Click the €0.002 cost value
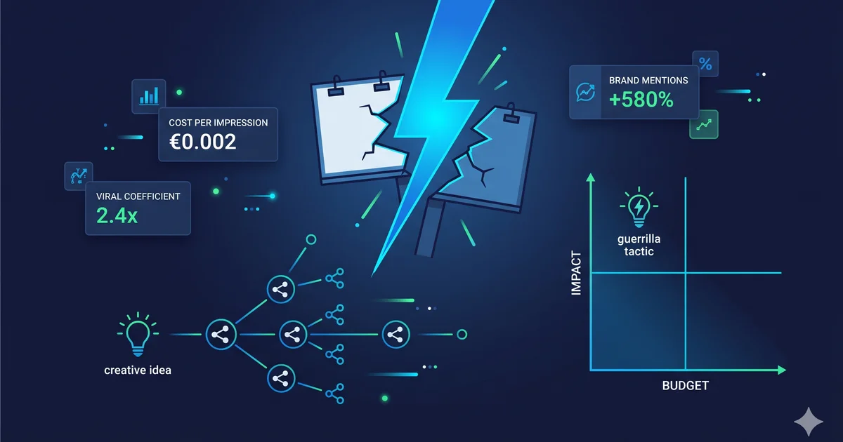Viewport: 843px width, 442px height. pos(202,142)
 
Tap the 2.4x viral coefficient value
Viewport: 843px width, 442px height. pos(117,215)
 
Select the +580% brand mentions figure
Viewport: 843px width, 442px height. pos(641,100)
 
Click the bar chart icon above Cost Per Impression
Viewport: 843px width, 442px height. pos(149,96)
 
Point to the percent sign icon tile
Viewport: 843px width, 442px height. pos(705,64)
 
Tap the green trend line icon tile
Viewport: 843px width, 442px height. pos(704,124)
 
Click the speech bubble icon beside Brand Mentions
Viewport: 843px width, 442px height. pos(586,92)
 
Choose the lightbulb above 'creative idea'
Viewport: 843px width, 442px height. pos(138,335)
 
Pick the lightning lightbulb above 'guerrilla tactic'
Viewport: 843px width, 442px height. pos(639,207)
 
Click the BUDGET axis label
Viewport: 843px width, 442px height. pos(686,386)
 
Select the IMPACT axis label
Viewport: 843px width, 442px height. pos(576,273)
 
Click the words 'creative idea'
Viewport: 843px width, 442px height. pos(138,370)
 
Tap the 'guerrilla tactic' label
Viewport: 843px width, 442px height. pos(639,245)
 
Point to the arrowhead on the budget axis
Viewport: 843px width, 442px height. pos(782,370)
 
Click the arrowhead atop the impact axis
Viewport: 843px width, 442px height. pos(591,178)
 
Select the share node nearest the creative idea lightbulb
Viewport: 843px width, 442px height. pos(221,335)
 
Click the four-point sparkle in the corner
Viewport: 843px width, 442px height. pos(809,422)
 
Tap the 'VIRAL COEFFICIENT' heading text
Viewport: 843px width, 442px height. pos(138,196)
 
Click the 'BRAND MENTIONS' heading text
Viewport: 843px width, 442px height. pos(648,81)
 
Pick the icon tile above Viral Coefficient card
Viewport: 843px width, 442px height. pos(78,175)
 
